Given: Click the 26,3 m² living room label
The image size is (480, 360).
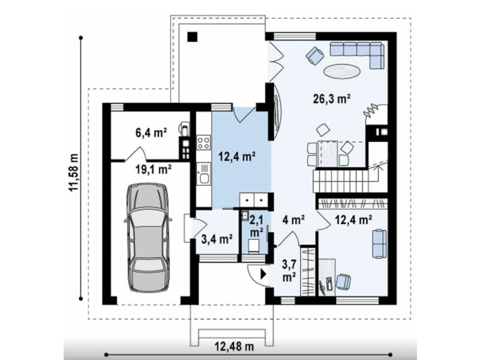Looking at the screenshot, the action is pyautogui.click(x=332, y=98).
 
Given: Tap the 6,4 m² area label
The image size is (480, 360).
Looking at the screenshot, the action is pyautogui.click(x=151, y=133).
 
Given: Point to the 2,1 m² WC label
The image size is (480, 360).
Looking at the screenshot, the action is pyautogui.click(x=257, y=226).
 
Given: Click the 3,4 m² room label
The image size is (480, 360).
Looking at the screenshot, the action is pyautogui.click(x=217, y=239).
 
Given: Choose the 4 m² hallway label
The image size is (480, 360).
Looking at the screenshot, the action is pyautogui.click(x=293, y=220).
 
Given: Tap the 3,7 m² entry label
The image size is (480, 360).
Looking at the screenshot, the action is pyautogui.click(x=289, y=272).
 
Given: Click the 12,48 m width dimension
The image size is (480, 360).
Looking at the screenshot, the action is pyautogui.click(x=234, y=347).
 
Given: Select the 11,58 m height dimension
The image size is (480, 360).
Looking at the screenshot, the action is pyautogui.click(x=74, y=172).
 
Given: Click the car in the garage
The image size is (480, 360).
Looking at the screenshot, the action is pyautogui.click(x=148, y=238).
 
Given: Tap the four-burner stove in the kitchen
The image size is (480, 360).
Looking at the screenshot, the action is pyautogui.click(x=203, y=142).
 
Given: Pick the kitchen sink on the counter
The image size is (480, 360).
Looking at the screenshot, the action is pyautogui.click(x=203, y=174).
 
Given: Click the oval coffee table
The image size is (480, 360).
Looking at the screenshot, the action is pyautogui.click(x=341, y=71).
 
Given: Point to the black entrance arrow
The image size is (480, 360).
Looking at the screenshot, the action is pyautogui.click(x=263, y=274).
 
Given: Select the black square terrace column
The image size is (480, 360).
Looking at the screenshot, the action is pyautogui.click(x=193, y=37).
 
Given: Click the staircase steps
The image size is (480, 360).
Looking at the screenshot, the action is pyautogui.click(x=340, y=182).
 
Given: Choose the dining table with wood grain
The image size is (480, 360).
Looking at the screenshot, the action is pyautogui.click(x=328, y=154).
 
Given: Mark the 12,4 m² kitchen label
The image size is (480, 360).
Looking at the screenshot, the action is pyautogui.click(x=238, y=157).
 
